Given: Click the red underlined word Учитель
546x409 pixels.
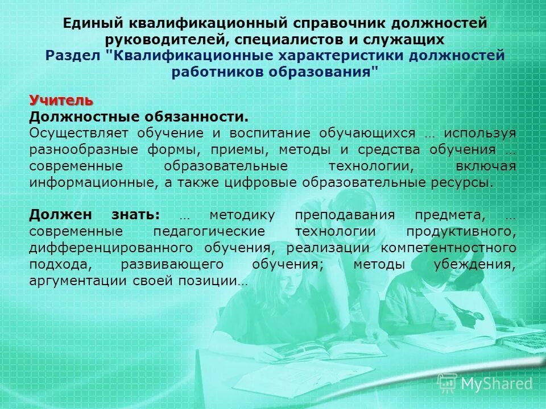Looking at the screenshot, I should pyautogui.click(x=61, y=101).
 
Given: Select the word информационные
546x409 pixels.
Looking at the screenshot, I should pyautogui.click(x=92, y=183).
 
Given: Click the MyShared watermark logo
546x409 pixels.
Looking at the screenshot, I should pyautogui.click(x=485, y=383).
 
